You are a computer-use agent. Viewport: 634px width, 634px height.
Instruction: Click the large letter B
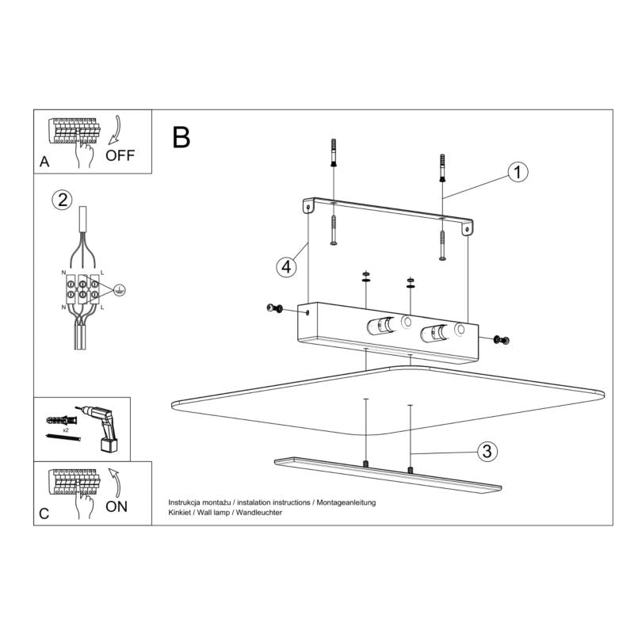point(181,137)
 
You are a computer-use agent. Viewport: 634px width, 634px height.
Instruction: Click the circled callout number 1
point(517,172)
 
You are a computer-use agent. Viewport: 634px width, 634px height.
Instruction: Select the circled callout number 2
point(62,200)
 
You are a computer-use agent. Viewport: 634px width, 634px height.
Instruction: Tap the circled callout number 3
point(487,453)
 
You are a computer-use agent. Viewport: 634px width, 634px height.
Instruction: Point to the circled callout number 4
point(287,267)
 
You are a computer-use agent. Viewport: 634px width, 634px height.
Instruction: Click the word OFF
point(120,154)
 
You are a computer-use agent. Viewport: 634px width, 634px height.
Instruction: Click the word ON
point(116,505)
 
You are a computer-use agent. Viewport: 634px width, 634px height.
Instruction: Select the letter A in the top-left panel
point(44,162)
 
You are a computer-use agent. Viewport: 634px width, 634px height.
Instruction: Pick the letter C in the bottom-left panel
point(44,514)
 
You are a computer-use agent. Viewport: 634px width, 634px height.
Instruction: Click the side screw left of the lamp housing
point(276,308)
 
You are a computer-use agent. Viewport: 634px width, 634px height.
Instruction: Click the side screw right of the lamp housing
point(501,340)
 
